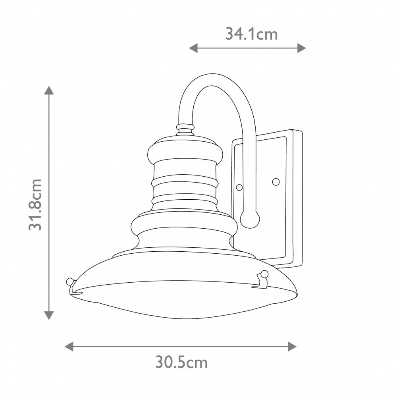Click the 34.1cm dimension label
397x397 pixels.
251,34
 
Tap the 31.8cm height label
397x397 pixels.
35,204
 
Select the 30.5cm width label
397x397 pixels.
181,362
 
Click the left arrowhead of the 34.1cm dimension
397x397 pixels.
193,48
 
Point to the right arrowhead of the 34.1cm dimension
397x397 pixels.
302,48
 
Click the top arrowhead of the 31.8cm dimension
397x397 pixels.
49,90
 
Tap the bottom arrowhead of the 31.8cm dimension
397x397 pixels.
49,316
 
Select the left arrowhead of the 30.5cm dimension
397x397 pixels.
69,346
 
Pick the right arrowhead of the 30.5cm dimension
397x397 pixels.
292,346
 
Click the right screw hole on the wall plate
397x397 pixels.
276,181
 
